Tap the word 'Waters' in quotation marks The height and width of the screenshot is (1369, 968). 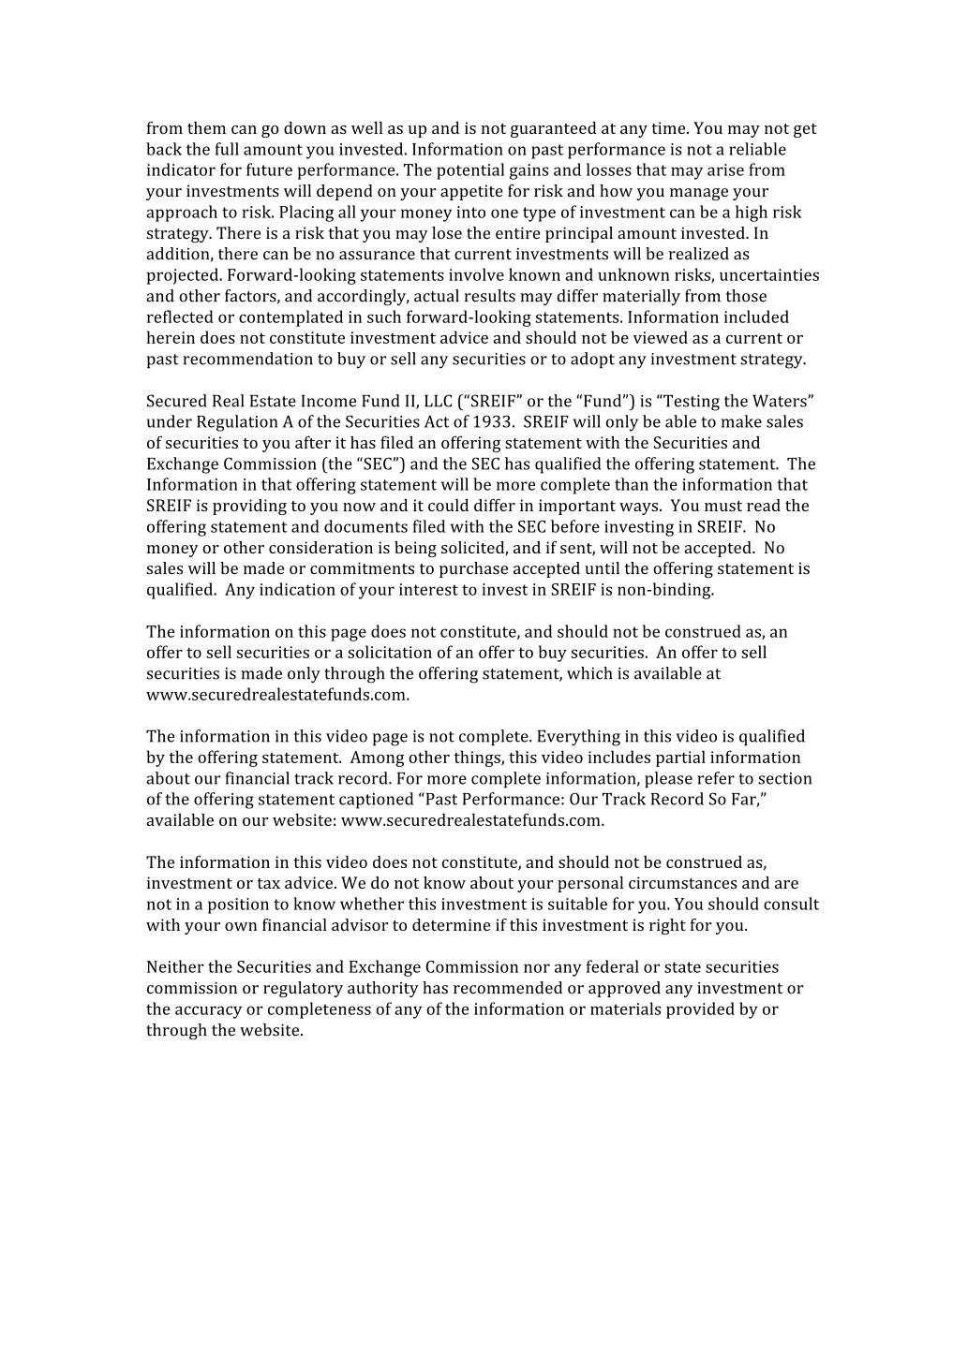pos(781,402)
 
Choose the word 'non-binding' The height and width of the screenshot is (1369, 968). pos(671,590)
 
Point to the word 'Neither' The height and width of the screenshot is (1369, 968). pos(174,967)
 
